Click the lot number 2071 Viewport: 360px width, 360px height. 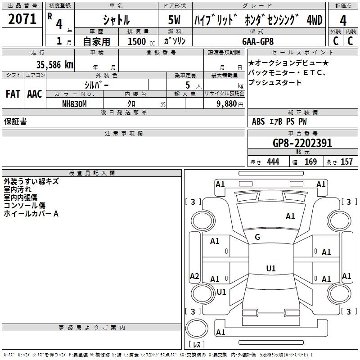[x=22, y=19]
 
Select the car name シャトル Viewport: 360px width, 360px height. [x=116, y=20]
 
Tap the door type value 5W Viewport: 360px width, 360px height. [x=175, y=20]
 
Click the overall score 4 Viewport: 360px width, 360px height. [x=343, y=20]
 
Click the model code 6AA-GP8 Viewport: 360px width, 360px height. [x=257, y=41]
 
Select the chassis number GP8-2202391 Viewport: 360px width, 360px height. [x=302, y=143]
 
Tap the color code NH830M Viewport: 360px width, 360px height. [x=74, y=103]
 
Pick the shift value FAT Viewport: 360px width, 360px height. [x=13, y=94]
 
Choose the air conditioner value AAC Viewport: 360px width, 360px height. [x=34, y=94]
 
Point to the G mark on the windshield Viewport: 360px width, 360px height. [x=257, y=237]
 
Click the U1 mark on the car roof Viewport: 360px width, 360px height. [x=270, y=269]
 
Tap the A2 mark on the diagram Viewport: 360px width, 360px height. [x=194, y=276]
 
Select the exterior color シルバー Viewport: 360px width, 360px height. [x=96, y=85]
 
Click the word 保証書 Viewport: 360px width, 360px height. [x=15, y=121]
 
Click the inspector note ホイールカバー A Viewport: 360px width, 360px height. [x=31, y=214]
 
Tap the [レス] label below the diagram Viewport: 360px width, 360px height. [x=198, y=344]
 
